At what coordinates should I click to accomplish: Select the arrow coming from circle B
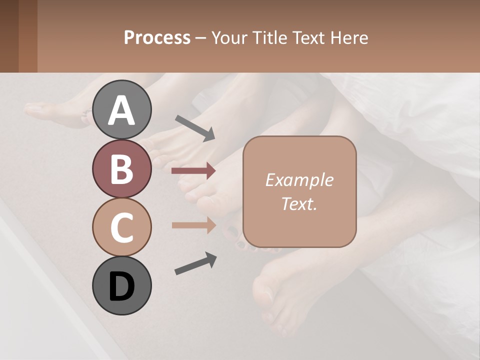[193, 171]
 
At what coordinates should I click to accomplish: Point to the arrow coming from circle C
[193, 225]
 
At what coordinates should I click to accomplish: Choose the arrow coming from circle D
[195, 264]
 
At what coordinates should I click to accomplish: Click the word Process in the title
[157, 37]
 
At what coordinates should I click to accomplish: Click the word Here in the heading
[350, 37]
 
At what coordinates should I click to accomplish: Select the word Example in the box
[299, 180]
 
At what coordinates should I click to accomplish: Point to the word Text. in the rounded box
[299, 203]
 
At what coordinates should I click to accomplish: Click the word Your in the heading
[229, 37]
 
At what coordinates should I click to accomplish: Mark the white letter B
[121, 169]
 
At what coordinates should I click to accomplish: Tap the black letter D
[121, 286]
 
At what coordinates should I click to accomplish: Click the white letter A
[121, 110]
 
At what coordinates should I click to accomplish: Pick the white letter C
[121, 227]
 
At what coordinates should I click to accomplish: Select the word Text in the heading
[310, 37]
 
